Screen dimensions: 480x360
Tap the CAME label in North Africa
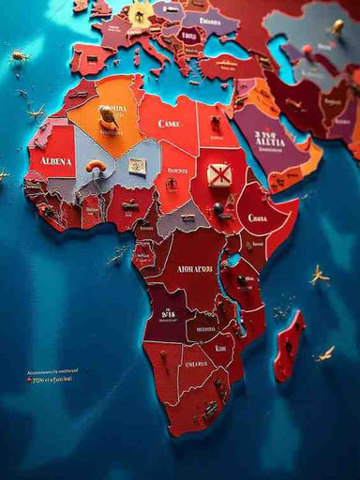click(x=170, y=123)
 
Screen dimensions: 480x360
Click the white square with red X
click(x=219, y=174)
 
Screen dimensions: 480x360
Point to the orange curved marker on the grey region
click(x=96, y=166)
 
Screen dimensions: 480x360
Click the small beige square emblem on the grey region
click(x=137, y=166)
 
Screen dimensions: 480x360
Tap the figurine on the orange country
click(x=109, y=115)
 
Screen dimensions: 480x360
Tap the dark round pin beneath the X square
click(x=217, y=208)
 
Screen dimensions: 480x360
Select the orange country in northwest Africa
click(x=103, y=112)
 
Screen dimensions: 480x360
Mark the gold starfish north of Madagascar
click(x=319, y=274)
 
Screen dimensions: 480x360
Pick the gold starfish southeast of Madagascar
click(x=324, y=354)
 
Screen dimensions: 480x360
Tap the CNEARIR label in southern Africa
click(x=196, y=363)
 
